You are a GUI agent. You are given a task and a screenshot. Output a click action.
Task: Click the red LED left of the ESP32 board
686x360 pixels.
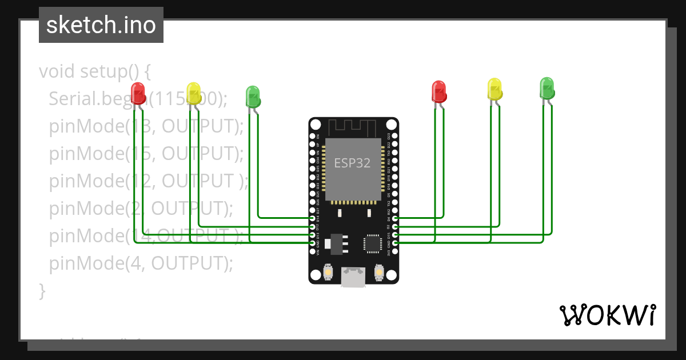(x=138, y=92)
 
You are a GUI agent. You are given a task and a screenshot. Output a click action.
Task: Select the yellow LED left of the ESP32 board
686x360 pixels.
(x=194, y=92)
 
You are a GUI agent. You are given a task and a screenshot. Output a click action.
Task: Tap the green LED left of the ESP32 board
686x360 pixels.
(x=253, y=95)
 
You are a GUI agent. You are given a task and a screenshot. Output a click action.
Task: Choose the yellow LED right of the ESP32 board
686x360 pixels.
(x=494, y=89)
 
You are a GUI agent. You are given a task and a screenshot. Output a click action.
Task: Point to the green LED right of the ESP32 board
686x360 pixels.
(x=547, y=87)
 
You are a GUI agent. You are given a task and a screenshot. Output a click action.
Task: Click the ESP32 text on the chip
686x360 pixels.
(x=352, y=163)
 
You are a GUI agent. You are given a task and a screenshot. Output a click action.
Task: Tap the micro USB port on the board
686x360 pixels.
(x=353, y=277)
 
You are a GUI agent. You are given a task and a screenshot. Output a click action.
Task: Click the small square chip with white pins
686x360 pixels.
(x=372, y=243)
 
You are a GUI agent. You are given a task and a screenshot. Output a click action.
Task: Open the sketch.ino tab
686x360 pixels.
(x=101, y=25)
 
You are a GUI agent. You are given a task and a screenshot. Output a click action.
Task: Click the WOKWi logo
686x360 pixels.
(x=607, y=315)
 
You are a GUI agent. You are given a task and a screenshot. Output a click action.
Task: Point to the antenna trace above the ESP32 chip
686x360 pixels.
(x=353, y=126)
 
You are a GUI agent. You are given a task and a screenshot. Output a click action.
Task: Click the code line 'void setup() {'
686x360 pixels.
(x=95, y=71)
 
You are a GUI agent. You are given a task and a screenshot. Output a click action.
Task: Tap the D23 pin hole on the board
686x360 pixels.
(x=395, y=137)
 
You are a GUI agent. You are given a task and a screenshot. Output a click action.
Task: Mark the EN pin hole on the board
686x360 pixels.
(x=312, y=137)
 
